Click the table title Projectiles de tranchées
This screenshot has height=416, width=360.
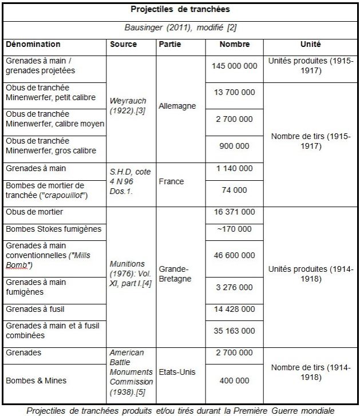180,10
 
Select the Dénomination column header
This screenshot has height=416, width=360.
33,44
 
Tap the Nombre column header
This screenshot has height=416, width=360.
234,44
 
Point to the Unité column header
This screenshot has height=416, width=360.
310,44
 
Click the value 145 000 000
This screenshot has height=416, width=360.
234,66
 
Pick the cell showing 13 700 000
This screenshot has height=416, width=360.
234,93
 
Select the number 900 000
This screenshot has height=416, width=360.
234,146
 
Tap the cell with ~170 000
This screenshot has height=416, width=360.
234,229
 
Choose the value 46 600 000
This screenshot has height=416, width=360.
234,256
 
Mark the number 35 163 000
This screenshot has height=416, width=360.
234,330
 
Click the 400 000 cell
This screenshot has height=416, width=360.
234,381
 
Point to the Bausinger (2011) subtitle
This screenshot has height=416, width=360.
180,28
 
